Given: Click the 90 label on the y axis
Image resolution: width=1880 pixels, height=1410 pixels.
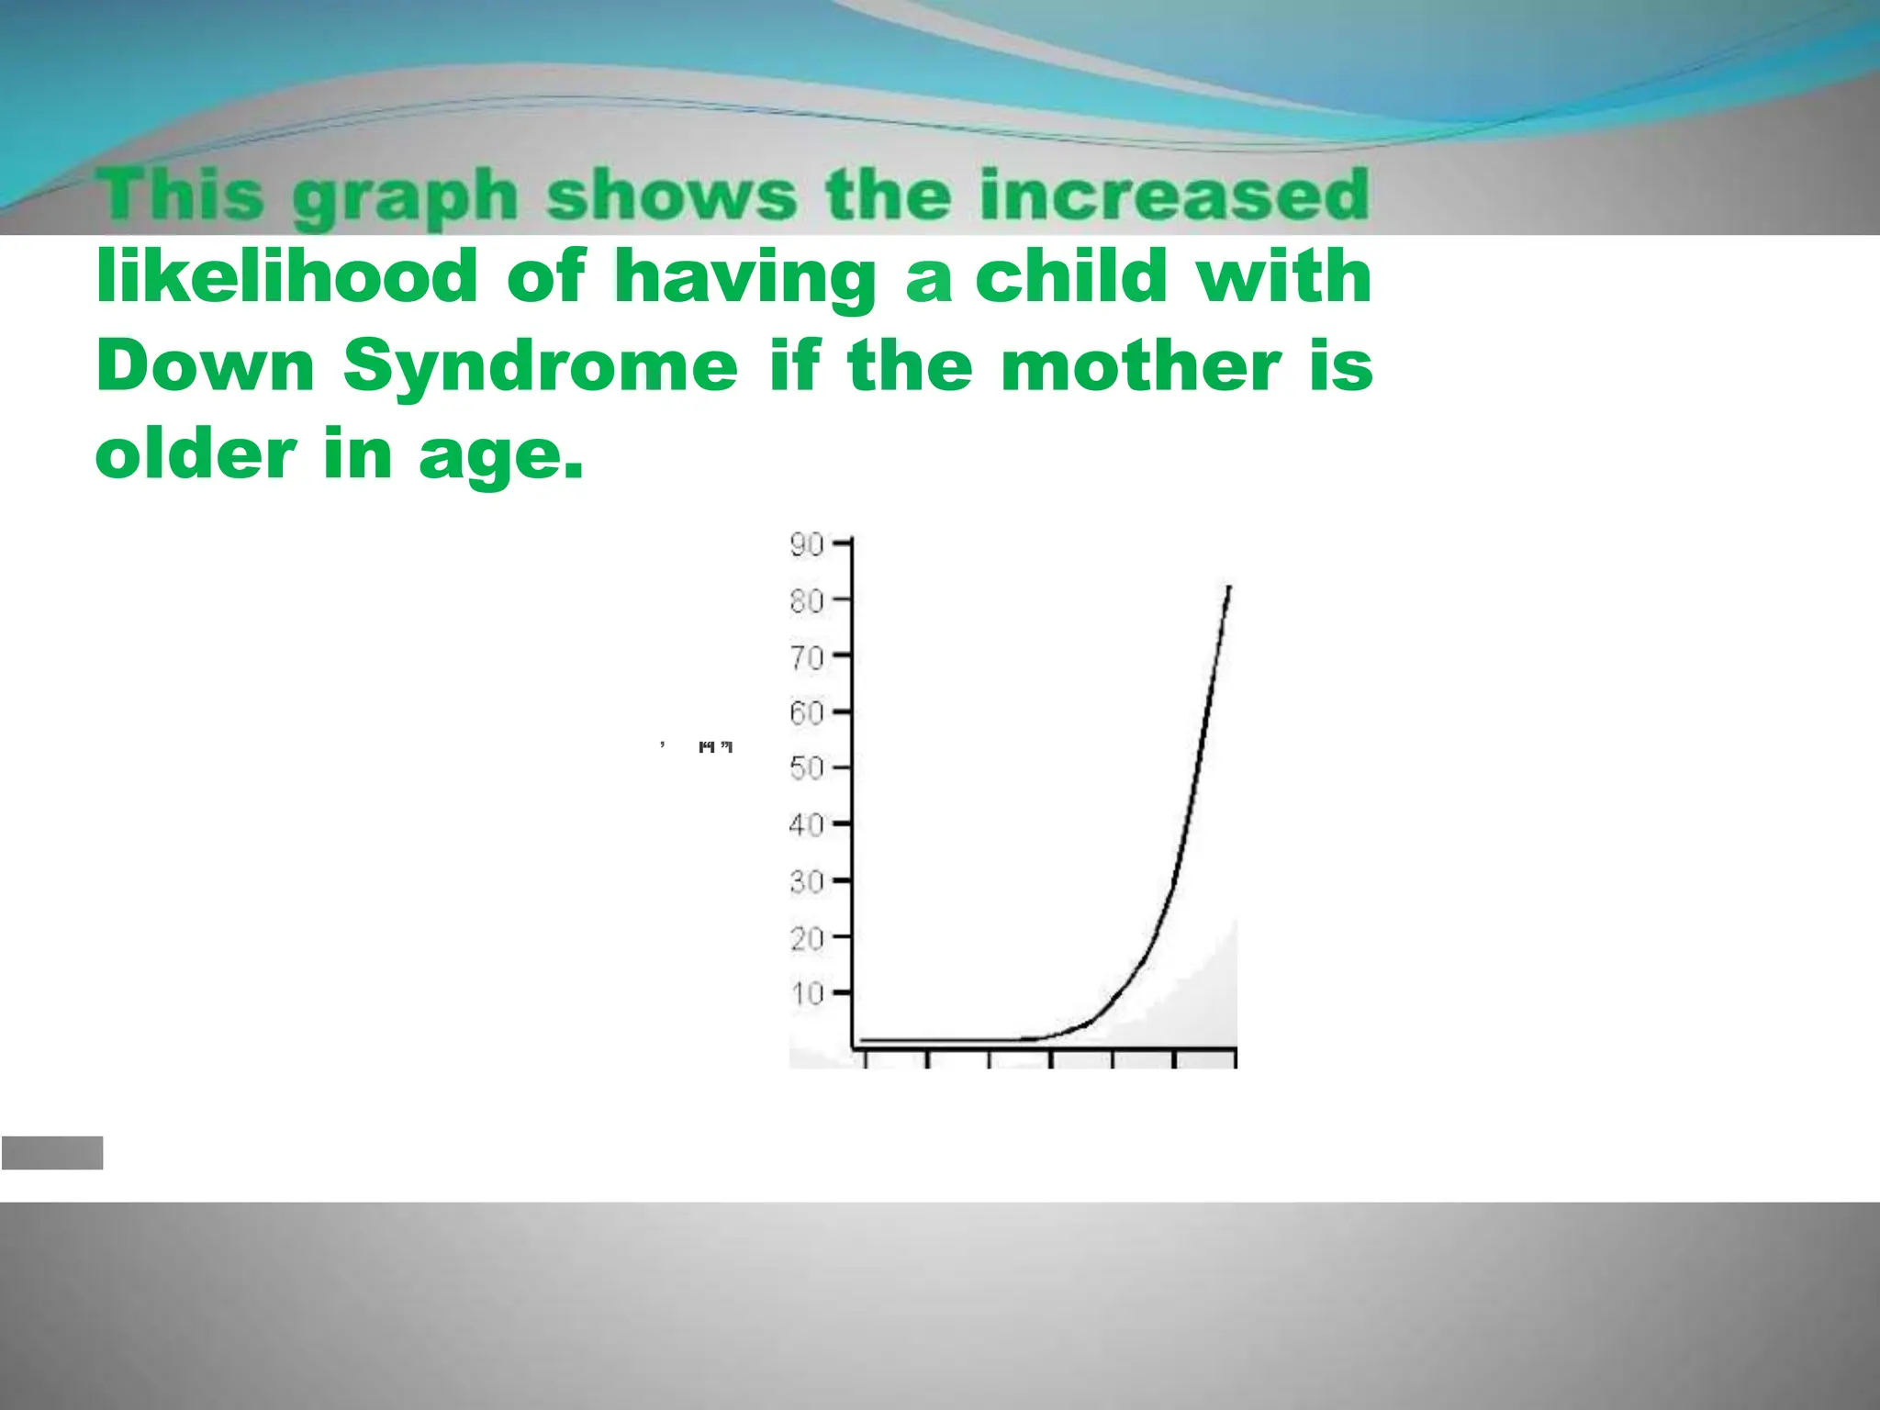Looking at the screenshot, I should click(806, 544).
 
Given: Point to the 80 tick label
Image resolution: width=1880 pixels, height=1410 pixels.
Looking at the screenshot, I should click(806, 601).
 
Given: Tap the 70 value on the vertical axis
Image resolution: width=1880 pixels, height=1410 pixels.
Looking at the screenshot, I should click(806, 657).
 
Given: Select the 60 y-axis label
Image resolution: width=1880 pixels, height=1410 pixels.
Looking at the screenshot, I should click(806, 712).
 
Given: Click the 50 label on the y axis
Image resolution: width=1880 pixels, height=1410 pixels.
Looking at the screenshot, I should click(806, 767).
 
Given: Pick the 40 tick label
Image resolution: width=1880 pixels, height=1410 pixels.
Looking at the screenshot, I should click(806, 824).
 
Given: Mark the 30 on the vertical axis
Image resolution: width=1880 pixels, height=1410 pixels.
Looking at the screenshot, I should click(806, 881).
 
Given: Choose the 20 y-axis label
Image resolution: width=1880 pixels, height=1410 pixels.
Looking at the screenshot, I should click(806, 938).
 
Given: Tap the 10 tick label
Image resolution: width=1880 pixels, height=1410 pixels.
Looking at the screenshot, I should click(806, 993).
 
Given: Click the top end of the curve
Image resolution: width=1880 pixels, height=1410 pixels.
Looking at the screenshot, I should click(1229, 587).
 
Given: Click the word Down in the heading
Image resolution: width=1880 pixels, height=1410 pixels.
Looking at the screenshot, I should click(206, 366).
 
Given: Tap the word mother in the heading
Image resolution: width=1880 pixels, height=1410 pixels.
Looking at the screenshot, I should click(1139, 366).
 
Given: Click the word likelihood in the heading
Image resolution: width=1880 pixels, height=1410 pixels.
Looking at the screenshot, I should click(286, 276).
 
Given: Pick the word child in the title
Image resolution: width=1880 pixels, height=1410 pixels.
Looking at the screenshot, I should click(1069, 276).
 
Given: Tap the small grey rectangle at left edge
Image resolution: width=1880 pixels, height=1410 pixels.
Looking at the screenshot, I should click(52, 1153).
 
